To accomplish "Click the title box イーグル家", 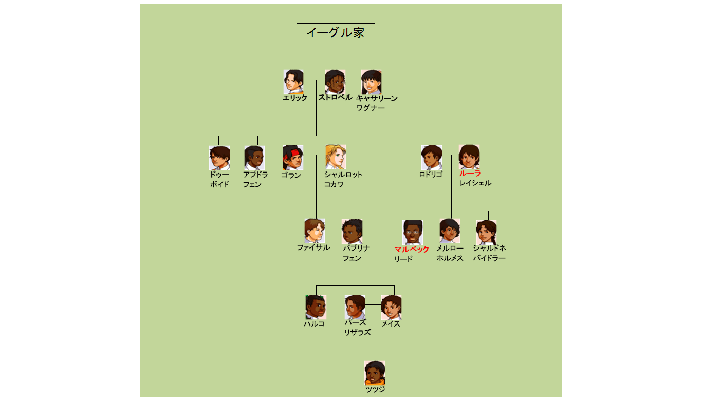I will click(x=336, y=33).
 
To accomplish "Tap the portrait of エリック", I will click(x=293, y=82).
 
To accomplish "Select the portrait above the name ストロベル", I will click(x=335, y=82).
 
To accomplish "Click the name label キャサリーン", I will click(x=377, y=98).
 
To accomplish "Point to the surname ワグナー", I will click(x=370, y=108).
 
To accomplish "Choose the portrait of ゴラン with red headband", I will click(x=293, y=157).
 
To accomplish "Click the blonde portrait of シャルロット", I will click(x=335, y=157).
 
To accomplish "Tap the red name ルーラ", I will click(x=470, y=174).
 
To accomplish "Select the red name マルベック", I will click(x=412, y=250).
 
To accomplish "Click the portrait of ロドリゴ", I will click(x=432, y=157).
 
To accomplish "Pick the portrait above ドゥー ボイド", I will click(x=219, y=158).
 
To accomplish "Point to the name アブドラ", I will click(x=255, y=175).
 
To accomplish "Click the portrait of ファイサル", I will click(x=315, y=231).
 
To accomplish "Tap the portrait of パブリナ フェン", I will click(x=352, y=232).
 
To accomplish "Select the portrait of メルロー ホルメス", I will click(x=450, y=231).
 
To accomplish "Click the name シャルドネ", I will click(x=489, y=248).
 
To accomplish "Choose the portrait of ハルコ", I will click(x=316, y=307).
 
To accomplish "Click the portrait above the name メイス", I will click(x=391, y=308).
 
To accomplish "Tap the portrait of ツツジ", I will click(x=375, y=373).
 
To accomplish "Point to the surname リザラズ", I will click(x=357, y=333).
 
